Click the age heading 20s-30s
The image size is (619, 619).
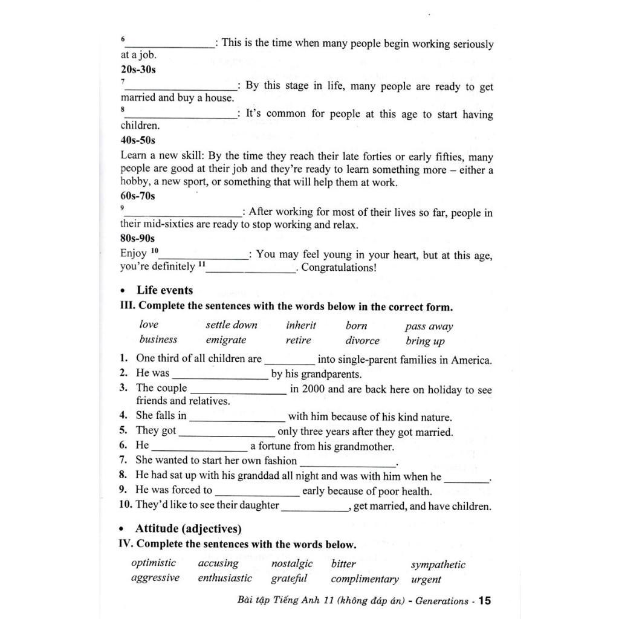pos(138,70)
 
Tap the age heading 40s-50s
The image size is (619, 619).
pos(138,140)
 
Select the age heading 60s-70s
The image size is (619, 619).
pos(138,196)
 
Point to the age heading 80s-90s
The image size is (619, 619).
pos(138,238)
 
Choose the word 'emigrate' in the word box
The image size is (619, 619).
pos(226,340)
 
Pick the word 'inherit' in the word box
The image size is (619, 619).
pos(301,325)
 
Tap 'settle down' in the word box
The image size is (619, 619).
pos(232,325)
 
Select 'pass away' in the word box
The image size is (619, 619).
pos(429,326)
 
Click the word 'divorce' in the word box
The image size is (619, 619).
pos(363,340)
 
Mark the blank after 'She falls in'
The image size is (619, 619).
pos(237,417)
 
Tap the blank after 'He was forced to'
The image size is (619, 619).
pos(257,491)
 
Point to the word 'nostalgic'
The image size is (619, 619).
pos(292,564)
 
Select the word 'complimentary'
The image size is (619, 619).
pos(365,579)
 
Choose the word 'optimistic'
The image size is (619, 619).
pos(154,563)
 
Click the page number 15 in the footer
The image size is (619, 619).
pos(485,601)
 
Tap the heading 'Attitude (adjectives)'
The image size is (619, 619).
pos(188,529)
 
